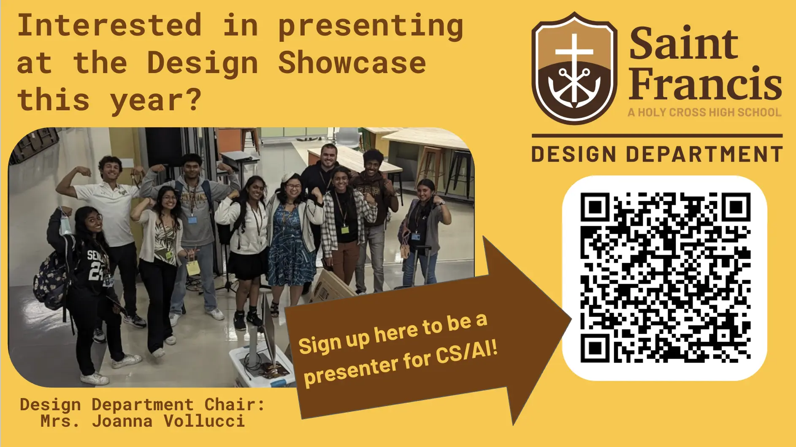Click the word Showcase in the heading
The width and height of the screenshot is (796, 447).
tap(352, 63)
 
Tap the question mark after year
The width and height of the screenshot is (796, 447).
tap(194, 100)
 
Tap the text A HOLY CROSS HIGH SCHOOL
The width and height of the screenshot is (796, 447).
tap(704, 112)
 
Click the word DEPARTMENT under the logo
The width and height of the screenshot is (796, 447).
tap(704, 154)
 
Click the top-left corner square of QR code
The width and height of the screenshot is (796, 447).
tap(596, 207)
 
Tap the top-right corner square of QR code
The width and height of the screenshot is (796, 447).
tap(736, 207)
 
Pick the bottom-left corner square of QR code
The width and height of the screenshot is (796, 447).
tap(596, 348)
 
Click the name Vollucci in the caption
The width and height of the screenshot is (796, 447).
tap(204, 421)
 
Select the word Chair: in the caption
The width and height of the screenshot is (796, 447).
tap(235, 405)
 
